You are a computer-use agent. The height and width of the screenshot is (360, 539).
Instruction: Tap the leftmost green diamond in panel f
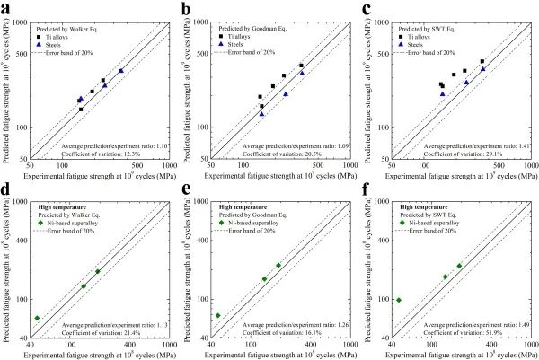point(398,300)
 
